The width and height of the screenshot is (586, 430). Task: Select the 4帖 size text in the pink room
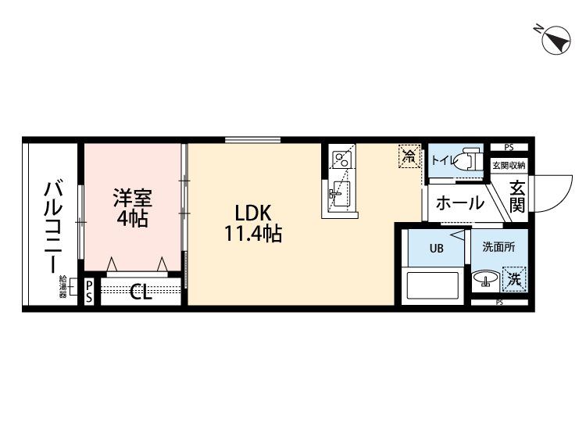click(x=133, y=219)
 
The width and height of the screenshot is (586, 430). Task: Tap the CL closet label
click(x=141, y=293)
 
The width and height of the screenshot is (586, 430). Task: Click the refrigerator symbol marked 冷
click(x=409, y=155)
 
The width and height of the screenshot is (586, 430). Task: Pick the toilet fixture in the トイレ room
click(x=470, y=159)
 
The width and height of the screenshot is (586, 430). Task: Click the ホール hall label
click(x=459, y=203)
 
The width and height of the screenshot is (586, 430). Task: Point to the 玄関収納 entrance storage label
click(x=509, y=165)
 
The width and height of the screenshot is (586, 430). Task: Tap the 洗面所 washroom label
click(x=498, y=248)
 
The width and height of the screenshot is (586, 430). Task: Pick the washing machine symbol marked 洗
click(x=514, y=278)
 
